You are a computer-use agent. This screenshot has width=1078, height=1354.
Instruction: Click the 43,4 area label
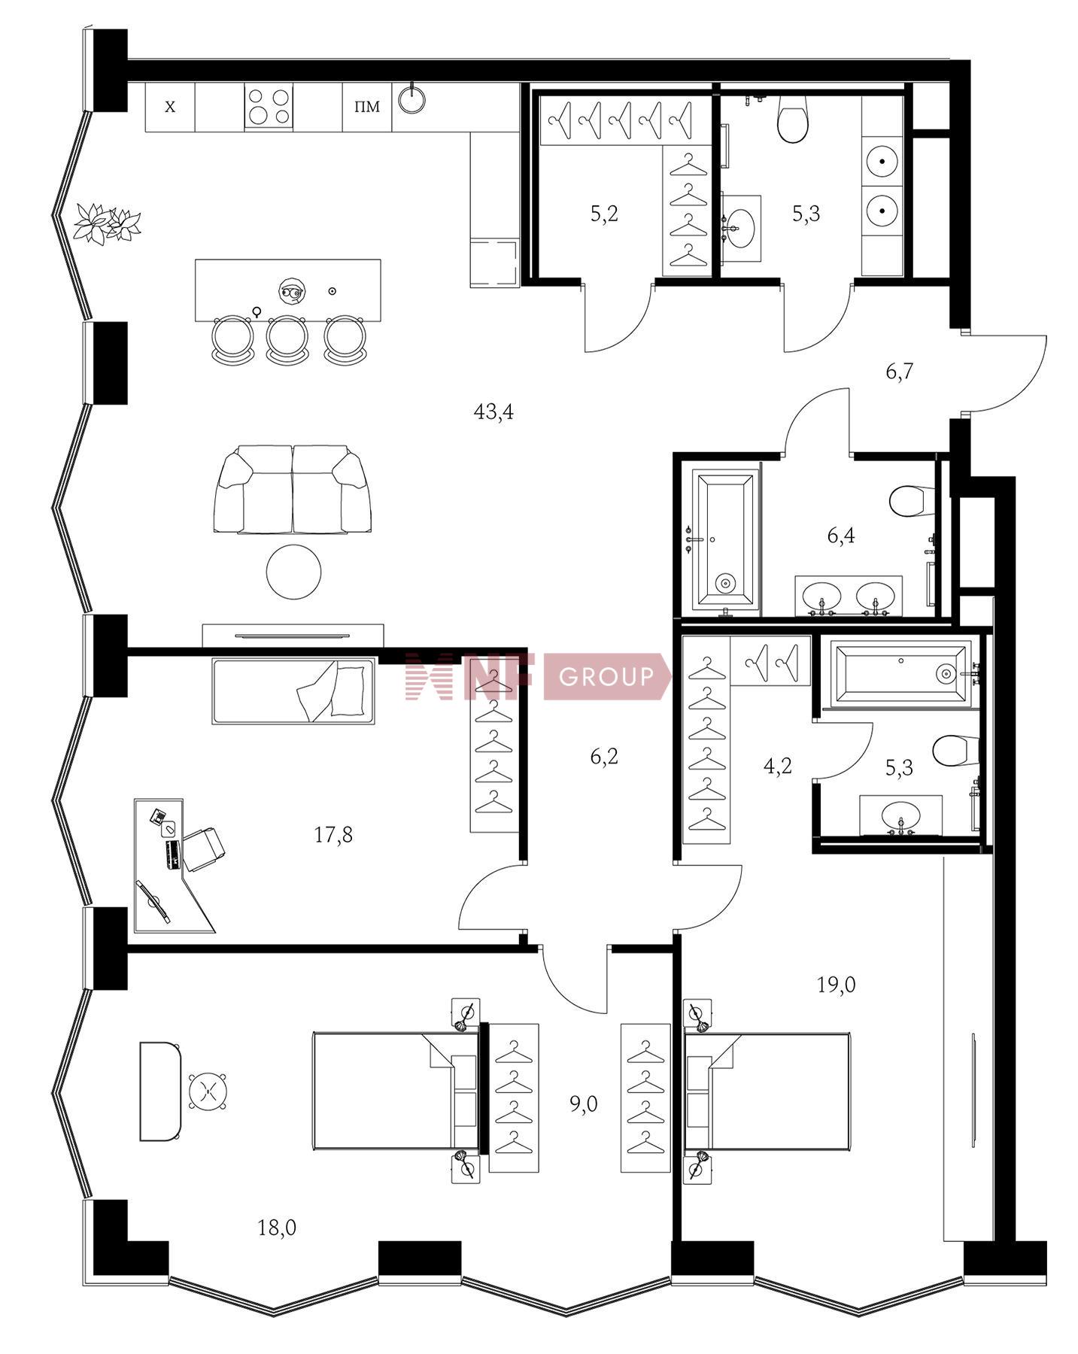[493, 411]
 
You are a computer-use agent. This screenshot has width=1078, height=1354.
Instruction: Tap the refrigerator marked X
[170, 107]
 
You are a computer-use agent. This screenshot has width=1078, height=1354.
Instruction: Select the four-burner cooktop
[269, 107]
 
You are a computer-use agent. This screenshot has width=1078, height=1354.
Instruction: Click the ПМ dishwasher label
[367, 107]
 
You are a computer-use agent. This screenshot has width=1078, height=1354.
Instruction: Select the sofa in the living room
[292, 489]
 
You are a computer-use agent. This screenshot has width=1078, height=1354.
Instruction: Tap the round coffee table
[293, 572]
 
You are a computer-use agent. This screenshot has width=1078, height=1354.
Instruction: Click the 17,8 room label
[333, 834]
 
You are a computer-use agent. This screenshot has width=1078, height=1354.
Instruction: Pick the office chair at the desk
[202, 849]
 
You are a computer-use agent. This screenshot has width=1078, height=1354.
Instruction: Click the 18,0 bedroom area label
[277, 1228]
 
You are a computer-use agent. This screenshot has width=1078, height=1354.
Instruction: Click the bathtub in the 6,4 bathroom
[724, 539]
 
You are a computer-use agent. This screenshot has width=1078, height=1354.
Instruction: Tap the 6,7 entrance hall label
[899, 371]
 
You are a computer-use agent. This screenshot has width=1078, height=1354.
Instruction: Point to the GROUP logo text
[606, 677]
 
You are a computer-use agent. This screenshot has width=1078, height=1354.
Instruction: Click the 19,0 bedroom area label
[837, 985]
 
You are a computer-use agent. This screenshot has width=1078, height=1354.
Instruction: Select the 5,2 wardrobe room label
[604, 214]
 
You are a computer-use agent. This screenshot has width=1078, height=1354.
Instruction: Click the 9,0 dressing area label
[583, 1104]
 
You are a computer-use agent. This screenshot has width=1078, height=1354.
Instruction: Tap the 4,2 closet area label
[777, 767]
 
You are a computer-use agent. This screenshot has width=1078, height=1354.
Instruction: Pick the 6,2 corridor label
[604, 756]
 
